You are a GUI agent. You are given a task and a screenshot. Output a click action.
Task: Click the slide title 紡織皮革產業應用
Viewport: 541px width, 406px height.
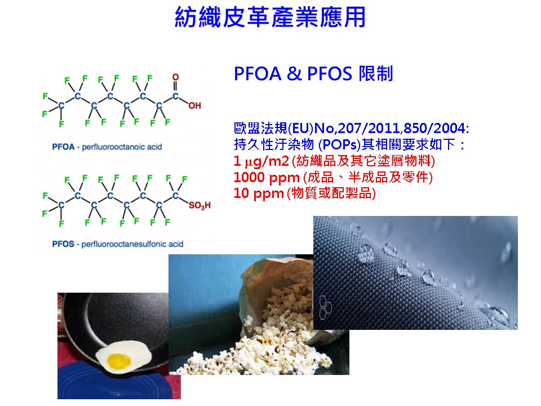pos(270,17)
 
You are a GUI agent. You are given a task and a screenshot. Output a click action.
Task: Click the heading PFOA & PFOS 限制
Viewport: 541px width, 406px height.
pos(313,73)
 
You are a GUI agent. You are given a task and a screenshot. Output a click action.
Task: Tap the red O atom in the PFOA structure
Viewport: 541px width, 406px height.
pos(176,77)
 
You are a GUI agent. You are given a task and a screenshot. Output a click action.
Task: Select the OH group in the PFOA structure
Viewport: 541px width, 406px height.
pos(194,105)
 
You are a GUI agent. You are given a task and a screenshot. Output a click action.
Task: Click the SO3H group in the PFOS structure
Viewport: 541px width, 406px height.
pos(199,206)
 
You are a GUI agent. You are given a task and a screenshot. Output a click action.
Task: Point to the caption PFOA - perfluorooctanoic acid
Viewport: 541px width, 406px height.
pos(107,147)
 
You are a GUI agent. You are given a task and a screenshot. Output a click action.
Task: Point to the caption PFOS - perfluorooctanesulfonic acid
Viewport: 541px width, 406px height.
pos(118,244)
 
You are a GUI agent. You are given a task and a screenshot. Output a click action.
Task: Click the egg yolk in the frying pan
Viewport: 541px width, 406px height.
pos(119,361)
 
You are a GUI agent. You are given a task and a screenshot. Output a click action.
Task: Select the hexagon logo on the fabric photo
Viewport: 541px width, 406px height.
pos(325,307)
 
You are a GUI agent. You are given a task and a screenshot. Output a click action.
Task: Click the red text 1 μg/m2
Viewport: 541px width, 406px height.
pos(261,161)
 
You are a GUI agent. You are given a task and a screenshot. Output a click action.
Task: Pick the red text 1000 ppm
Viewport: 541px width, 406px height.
pos(267,178)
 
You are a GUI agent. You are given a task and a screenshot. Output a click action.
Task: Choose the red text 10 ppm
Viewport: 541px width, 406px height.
pos(259,193)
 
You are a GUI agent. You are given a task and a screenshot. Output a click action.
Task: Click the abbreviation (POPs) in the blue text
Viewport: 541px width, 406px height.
pos(339,145)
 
